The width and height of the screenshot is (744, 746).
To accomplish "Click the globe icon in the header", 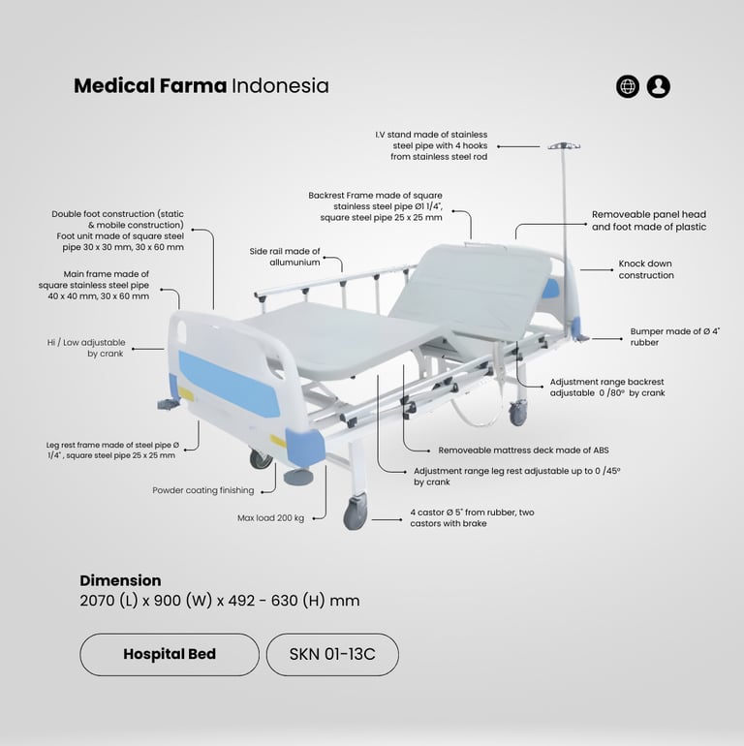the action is click(x=628, y=86).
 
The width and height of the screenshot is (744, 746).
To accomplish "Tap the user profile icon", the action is click(x=659, y=86).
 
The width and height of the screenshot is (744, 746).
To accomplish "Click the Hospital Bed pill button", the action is click(x=170, y=654).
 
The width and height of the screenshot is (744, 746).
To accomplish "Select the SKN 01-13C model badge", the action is click(x=332, y=654).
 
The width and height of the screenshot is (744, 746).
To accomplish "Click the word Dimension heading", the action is click(x=120, y=580).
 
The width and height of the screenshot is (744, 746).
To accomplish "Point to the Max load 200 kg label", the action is click(x=270, y=518).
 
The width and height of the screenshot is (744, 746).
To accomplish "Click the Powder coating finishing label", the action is click(x=203, y=490).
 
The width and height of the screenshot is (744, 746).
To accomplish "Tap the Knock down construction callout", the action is click(x=646, y=269).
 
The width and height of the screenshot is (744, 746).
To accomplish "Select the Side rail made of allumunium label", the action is click(x=285, y=257).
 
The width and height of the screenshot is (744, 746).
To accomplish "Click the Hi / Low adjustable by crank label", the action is click(x=86, y=348).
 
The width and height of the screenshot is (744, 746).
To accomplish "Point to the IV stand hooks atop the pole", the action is click(x=564, y=146).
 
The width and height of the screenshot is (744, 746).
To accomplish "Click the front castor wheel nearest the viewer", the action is click(x=356, y=512).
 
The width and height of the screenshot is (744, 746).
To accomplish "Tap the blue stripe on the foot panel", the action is click(x=229, y=384).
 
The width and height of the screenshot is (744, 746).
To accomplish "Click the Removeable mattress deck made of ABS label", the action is click(x=523, y=451).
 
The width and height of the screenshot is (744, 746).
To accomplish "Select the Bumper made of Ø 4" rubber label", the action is click(x=674, y=337).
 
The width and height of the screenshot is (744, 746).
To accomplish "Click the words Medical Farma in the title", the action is click(x=150, y=86).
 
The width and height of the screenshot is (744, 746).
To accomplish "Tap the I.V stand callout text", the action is click(x=431, y=145).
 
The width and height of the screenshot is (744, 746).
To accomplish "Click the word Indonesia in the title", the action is click(x=280, y=86).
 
